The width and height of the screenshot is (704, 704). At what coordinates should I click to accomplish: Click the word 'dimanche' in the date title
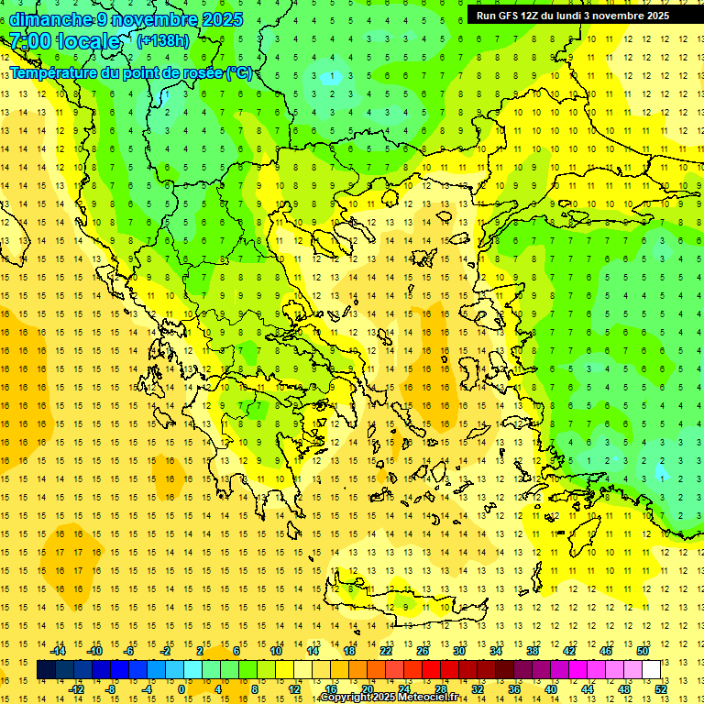(x=51, y=19)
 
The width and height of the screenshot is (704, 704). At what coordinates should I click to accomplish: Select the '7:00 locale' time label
(x=65, y=41)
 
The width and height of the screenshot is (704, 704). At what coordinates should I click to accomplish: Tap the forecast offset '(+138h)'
(x=163, y=40)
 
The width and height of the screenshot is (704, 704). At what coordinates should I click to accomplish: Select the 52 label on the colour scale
(x=662, y=688)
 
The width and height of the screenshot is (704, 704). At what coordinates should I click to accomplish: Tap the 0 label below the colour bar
(x=181, y=688)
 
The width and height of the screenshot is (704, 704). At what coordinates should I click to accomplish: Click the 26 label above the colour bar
(x=423, y=651)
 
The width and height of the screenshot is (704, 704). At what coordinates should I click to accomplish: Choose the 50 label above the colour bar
(x=643, y=651)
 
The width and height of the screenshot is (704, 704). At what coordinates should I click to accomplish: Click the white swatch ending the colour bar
(x=652, y=669)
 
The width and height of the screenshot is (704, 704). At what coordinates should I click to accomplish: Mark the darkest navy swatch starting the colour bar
(x=46, y=669)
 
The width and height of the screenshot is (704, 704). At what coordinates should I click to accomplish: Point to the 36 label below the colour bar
(x=514, y=688)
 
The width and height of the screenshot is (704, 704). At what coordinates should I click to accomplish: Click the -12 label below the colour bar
(x=76, y=688)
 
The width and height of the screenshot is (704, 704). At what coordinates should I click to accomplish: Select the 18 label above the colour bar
(x=349, y=651)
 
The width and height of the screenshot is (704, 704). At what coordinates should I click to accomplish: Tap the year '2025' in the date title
(x=222, y=19)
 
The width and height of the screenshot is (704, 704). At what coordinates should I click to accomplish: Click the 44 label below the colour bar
(x=588, y=688)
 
